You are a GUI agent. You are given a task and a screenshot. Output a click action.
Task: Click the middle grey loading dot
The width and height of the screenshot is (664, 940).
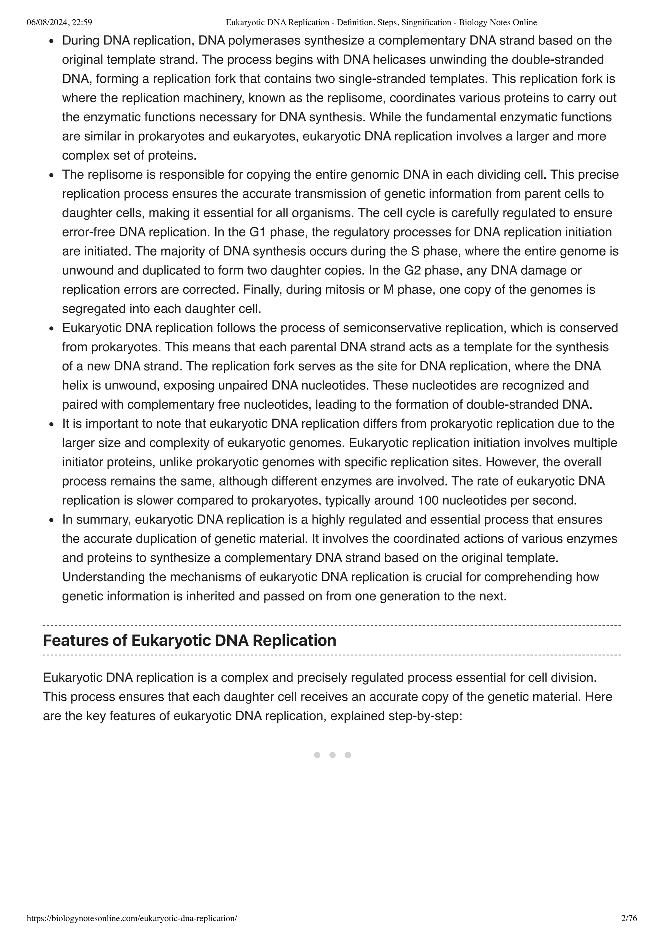click(x=332, y=755)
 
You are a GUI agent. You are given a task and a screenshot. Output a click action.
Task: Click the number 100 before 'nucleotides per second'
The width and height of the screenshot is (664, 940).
click(x=428, y=500)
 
